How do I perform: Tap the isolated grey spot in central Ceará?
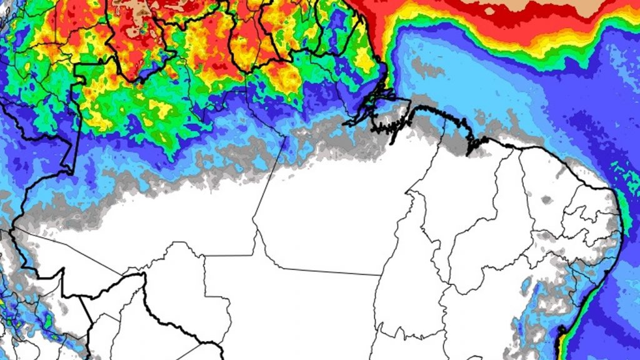(546, 200)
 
